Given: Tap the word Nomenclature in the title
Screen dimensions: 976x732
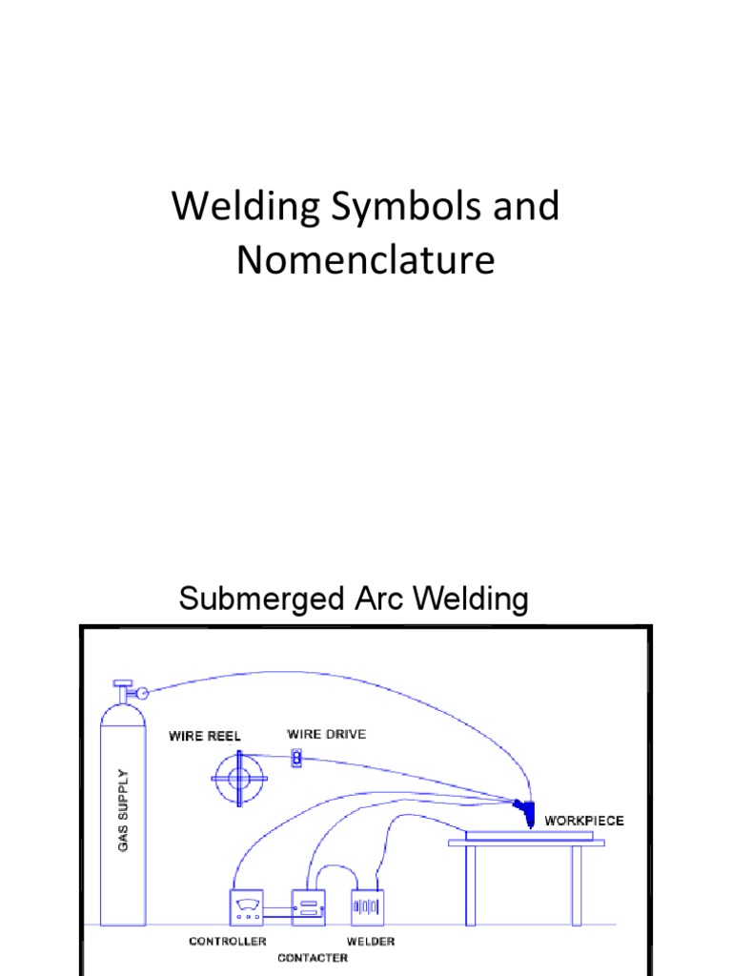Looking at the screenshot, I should coord(366,258).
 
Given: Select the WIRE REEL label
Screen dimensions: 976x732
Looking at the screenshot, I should coord(205,736).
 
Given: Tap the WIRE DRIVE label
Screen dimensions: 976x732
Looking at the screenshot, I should coord(326,734).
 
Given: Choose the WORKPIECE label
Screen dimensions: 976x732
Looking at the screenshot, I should coord(584,820).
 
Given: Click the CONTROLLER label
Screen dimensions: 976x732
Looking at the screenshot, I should coord(227,942).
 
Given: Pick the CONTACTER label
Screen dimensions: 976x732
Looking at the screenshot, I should coord(313,958).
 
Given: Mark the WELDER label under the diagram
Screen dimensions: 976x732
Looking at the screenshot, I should coord(372,942).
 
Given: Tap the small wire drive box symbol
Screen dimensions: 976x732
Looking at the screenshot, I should coord(296,759).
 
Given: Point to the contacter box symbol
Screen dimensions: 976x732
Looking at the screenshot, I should coord(308,907).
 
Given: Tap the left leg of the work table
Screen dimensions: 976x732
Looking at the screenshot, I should coord(471,885).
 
